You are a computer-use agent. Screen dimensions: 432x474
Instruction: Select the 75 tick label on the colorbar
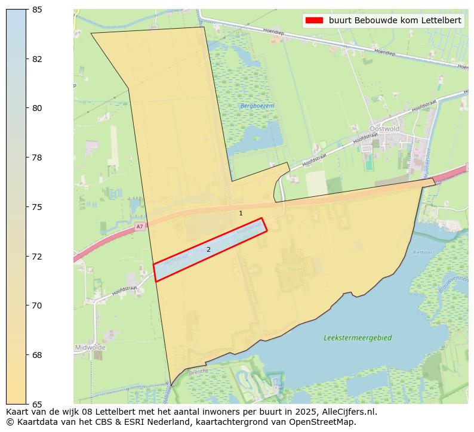38,207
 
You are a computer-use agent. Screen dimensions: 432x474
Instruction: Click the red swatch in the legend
314,20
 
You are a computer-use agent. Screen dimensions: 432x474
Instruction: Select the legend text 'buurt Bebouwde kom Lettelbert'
395,20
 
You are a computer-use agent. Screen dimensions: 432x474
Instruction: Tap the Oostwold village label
383,128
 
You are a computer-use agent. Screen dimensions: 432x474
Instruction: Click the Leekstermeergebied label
358,338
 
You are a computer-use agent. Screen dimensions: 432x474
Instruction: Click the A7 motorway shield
139,226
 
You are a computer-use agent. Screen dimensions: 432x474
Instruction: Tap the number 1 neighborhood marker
241,213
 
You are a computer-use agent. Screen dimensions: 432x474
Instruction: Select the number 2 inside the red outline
208,249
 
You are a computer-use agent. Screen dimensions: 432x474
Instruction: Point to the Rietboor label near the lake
421,252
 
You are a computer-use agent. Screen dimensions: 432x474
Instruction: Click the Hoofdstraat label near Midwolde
124,291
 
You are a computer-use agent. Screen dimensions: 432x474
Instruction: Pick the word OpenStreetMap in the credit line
327,422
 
